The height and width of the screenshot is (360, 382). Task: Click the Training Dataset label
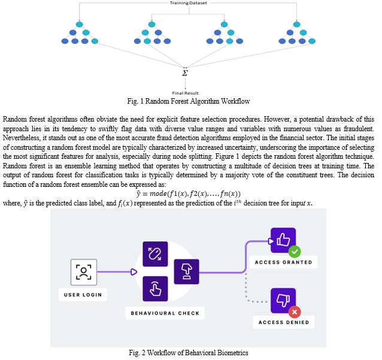(189, 3)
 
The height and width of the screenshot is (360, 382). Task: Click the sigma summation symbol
(185, 73)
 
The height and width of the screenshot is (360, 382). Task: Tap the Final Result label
(185, 93)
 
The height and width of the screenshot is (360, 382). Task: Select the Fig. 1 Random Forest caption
(189, 101)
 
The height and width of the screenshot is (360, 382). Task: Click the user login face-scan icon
(84, 272)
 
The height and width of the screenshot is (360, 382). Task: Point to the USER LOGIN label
(83, 295)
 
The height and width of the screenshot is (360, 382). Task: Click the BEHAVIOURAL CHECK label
(165, 313)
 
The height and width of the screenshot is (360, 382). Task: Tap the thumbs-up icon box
(283, 240)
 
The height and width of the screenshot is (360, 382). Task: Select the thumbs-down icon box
(283, 301)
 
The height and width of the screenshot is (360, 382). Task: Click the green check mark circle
(295, 252)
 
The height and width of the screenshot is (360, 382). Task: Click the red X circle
(295, 312)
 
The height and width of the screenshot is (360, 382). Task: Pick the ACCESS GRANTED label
(283, 262)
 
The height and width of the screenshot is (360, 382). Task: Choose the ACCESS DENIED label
(284, 322)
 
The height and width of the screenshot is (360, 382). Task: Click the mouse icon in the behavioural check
(155, 254)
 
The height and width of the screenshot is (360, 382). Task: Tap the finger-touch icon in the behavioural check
(155, 289)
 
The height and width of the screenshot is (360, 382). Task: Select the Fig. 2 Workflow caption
(189, 353)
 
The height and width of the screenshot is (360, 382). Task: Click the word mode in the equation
(158, 193)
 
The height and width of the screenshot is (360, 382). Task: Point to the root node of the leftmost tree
(80, 25)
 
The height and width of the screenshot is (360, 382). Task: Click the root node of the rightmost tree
(296, 25)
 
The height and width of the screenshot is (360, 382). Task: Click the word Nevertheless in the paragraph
(22, 138)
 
